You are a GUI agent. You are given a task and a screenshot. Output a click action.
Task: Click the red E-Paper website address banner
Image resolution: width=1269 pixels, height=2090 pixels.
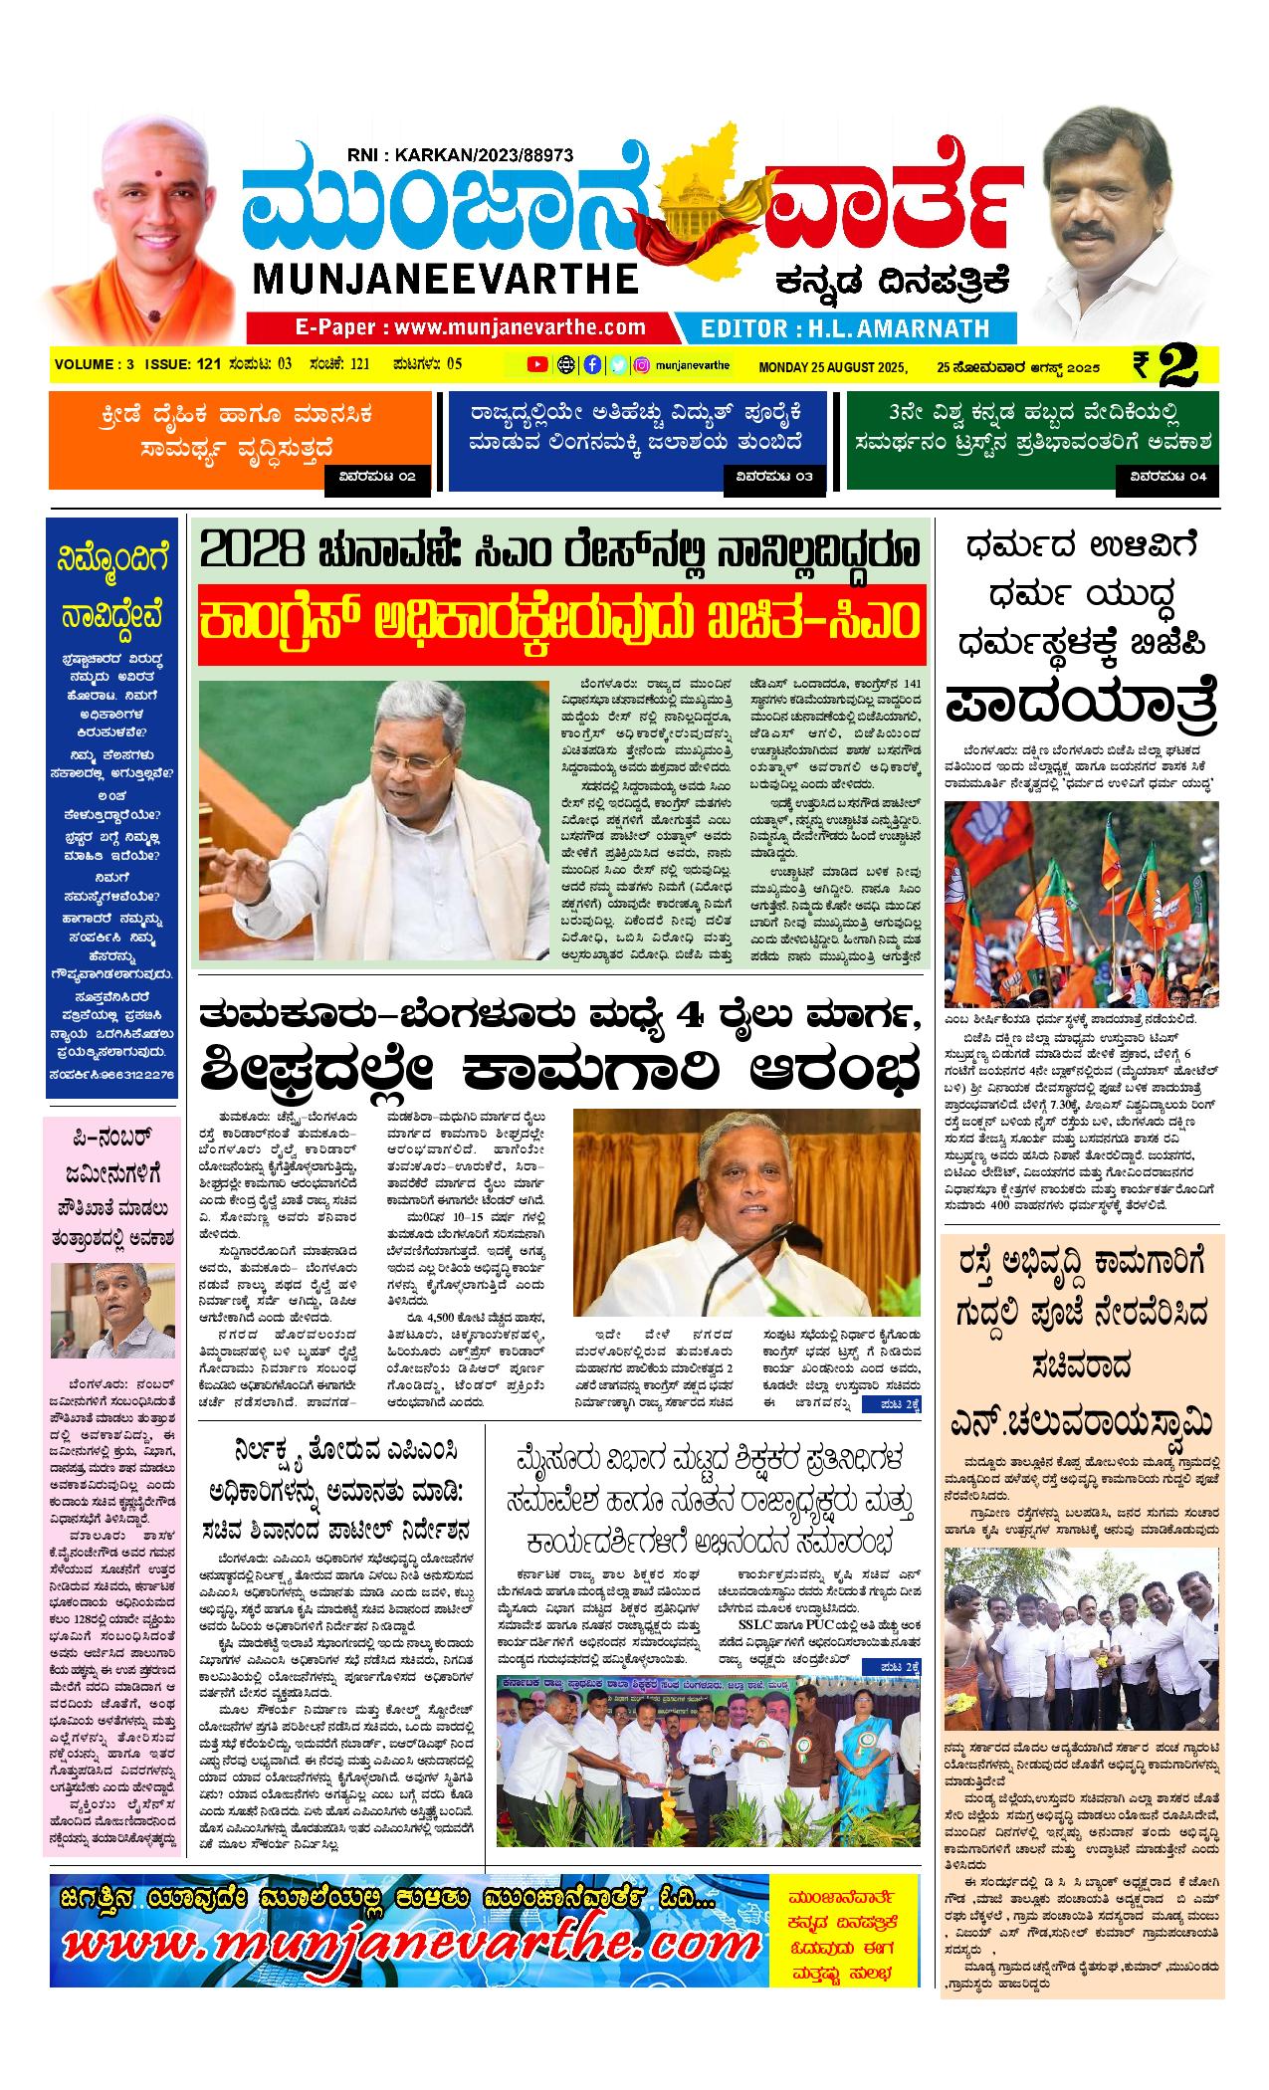point(459,327)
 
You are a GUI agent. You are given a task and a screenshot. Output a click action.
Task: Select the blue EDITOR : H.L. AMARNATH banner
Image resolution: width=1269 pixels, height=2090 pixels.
point(845,328)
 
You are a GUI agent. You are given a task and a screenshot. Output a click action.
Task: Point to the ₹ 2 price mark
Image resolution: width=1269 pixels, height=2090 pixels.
point(1174,365)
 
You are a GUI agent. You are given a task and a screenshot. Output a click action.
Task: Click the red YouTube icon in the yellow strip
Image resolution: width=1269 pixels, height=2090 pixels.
point(537,364)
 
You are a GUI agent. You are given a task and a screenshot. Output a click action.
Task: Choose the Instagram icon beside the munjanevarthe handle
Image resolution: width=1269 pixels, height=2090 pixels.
point(643,364)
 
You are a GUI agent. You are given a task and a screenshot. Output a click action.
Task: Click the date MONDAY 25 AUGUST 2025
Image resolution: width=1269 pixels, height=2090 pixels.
point(833,365)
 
